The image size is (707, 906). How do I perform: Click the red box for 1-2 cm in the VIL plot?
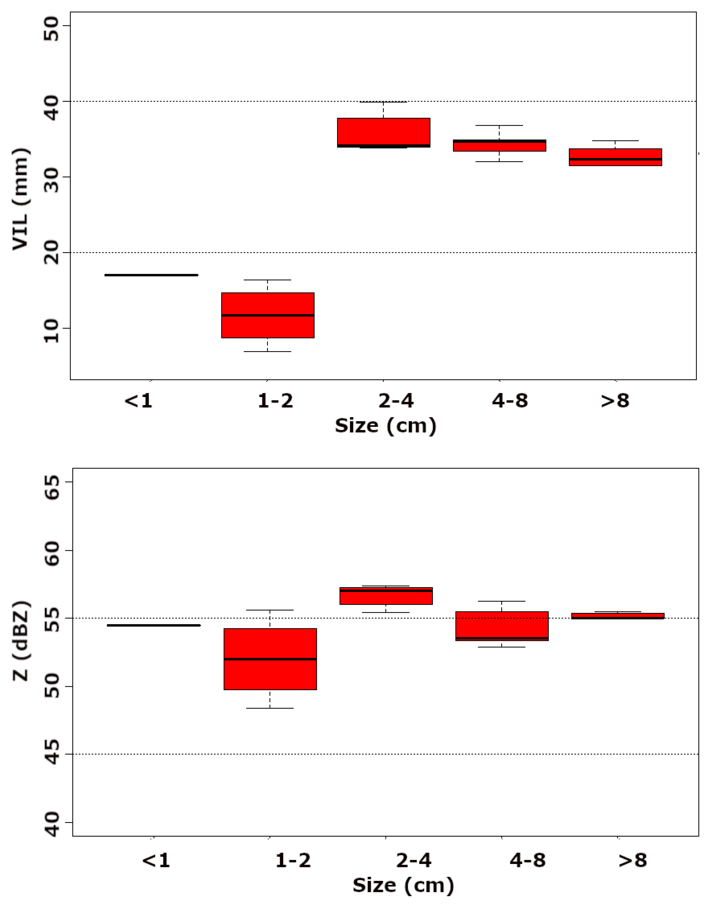(268, 315)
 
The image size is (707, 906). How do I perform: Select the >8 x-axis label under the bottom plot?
(633, 861)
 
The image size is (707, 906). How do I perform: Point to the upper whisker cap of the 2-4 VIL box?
(383, 102)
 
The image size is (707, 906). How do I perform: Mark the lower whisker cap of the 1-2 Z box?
(270, 708)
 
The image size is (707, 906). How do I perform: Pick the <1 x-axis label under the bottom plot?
(156, 861)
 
